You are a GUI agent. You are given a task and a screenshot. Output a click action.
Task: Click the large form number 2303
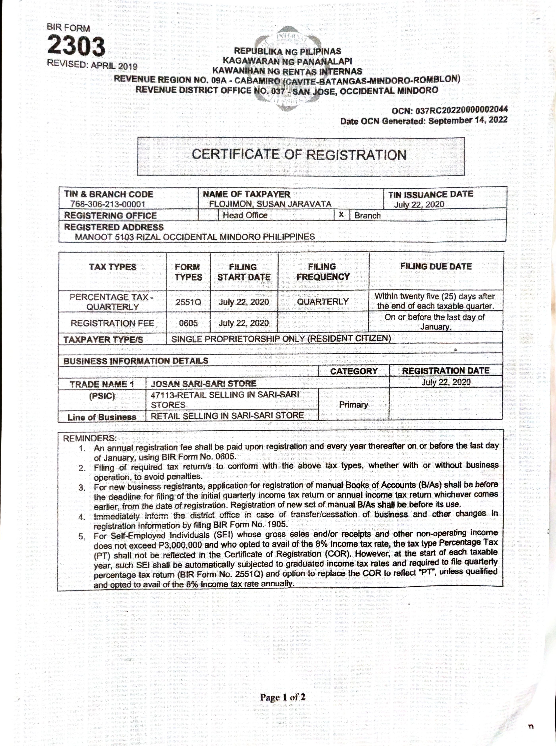[x=76, y=46]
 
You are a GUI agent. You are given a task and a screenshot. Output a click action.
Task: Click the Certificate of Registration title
[x=299, y=154]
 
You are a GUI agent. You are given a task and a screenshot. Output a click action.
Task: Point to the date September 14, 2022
[x=468, y=120]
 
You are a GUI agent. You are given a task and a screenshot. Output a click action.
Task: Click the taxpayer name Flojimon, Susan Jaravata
[x=270, y=204]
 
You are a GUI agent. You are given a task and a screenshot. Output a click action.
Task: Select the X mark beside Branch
[x=341, y=215]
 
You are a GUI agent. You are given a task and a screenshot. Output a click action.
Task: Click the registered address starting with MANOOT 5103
[x=195, y=237]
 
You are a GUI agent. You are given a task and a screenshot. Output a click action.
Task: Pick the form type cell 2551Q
[x=188, y=302]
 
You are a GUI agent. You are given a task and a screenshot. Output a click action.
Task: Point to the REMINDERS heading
[x=90, y=439]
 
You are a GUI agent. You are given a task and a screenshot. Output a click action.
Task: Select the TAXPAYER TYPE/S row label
[x=103, y=339]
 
